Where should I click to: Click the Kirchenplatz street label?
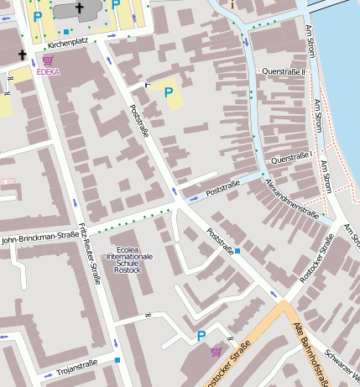[x=68, y=43]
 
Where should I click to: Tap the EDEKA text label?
[x=49, y=72]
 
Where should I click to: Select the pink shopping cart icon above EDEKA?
[x=48, y=60]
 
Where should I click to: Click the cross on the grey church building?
[x=80, y=8]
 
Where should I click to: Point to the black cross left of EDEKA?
[x=23, y=58]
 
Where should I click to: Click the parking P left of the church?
[x=37, y=15]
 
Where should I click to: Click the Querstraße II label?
[x=286, y=72]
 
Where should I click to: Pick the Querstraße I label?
[x=292, y=157]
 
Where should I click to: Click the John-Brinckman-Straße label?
[x=40, y=239]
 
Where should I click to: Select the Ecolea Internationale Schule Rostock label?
[x=128, y=259]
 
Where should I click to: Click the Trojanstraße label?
[x=77, y=363]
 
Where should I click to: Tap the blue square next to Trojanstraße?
[x=117, y=360]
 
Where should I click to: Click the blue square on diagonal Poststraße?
[x=237, y=250]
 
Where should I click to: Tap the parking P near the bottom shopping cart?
[x=201, y=336]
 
